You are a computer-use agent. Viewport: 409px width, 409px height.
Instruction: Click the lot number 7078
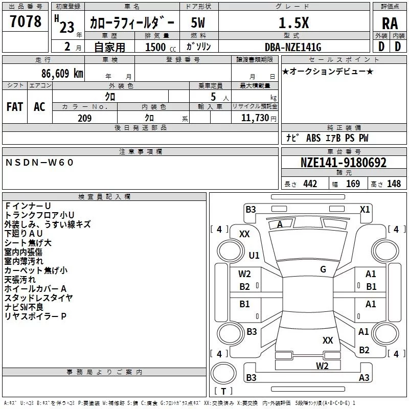tap(26, 21)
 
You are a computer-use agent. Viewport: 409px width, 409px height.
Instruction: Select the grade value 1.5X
tap(293, 23)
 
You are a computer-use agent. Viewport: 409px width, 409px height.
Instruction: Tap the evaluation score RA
tap(390, 23)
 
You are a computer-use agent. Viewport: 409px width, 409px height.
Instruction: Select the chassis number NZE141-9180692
tap(343, 163)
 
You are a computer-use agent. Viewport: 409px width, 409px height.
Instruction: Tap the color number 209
tap(84, 118)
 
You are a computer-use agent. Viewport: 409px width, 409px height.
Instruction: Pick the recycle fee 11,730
tap(256, 118)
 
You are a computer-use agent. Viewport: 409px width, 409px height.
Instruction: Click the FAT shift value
tap(15, 107)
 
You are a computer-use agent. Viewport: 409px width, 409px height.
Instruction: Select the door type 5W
tap(198, 23)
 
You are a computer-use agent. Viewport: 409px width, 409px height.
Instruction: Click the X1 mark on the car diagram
tap(365, 209)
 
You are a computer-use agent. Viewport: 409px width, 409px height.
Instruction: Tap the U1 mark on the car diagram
tap(254, 255)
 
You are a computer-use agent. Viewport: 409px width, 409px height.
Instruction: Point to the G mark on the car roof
tap(323, 269)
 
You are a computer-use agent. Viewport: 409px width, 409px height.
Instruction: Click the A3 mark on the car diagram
tap(364, 378)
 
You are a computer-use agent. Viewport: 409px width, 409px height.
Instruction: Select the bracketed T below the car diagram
tap(223, 392)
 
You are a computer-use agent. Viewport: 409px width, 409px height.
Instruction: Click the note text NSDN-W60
tap(40, 163)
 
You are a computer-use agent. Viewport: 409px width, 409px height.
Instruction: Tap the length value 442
tap(310, 184)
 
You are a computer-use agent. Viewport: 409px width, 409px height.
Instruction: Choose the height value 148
tap(394, 184)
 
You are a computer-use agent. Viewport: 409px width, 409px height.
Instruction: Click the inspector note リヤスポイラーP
tap(36, 316)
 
